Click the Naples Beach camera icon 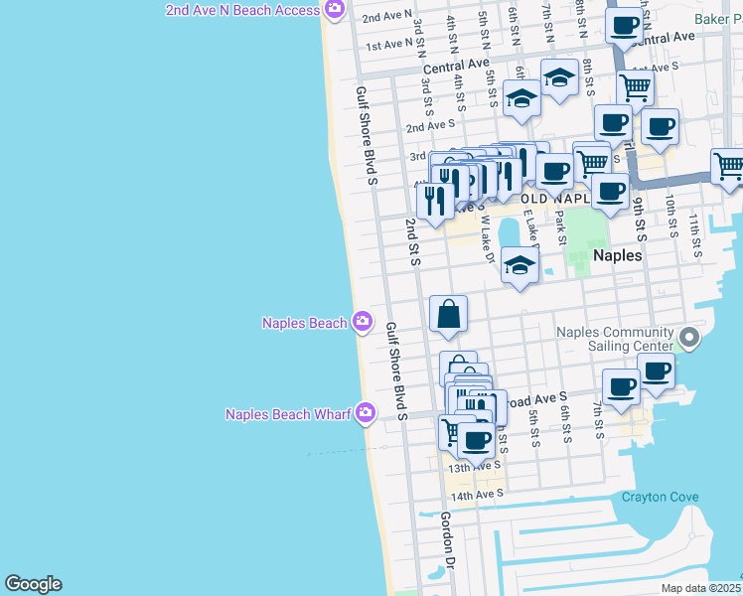click(363, 321)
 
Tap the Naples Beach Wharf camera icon click(367, 412)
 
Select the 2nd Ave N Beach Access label click(242, 10)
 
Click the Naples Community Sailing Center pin click(689, 340)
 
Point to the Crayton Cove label click(660, 497)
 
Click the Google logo click(33, 584)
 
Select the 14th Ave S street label click(477, 496)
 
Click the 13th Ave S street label click(473, 466)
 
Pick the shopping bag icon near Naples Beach click(449, 314)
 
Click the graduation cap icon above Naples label click(520, 265)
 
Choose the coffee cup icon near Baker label click(625, 25)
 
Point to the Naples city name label click(617, 255)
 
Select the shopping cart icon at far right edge click(728, 165)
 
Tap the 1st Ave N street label click(388, 44)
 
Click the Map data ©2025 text click(700, 588)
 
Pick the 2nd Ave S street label click(430, 125)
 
